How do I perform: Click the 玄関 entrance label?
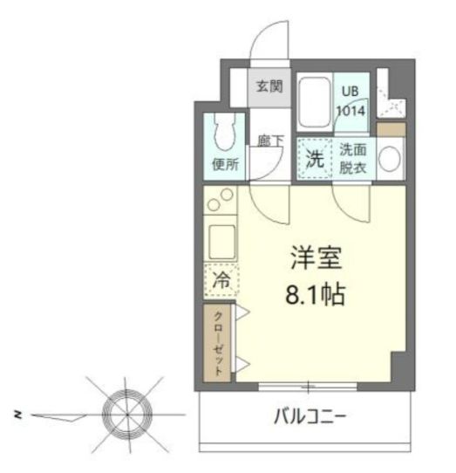coord(269,86)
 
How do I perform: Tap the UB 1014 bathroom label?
coord(351,101)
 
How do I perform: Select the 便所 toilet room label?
coord(225,164)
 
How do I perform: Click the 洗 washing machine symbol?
coord(313,159)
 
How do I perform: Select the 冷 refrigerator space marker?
coord(221,280)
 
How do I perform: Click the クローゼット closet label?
coord(219,343)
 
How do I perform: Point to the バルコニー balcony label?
coord(310,416)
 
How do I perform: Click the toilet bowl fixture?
coord(225,133)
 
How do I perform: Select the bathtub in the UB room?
coord(313,103)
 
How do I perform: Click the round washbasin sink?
coord(391,160)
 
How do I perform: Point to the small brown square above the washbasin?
coord(391,130)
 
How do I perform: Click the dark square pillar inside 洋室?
coord(398,365)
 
